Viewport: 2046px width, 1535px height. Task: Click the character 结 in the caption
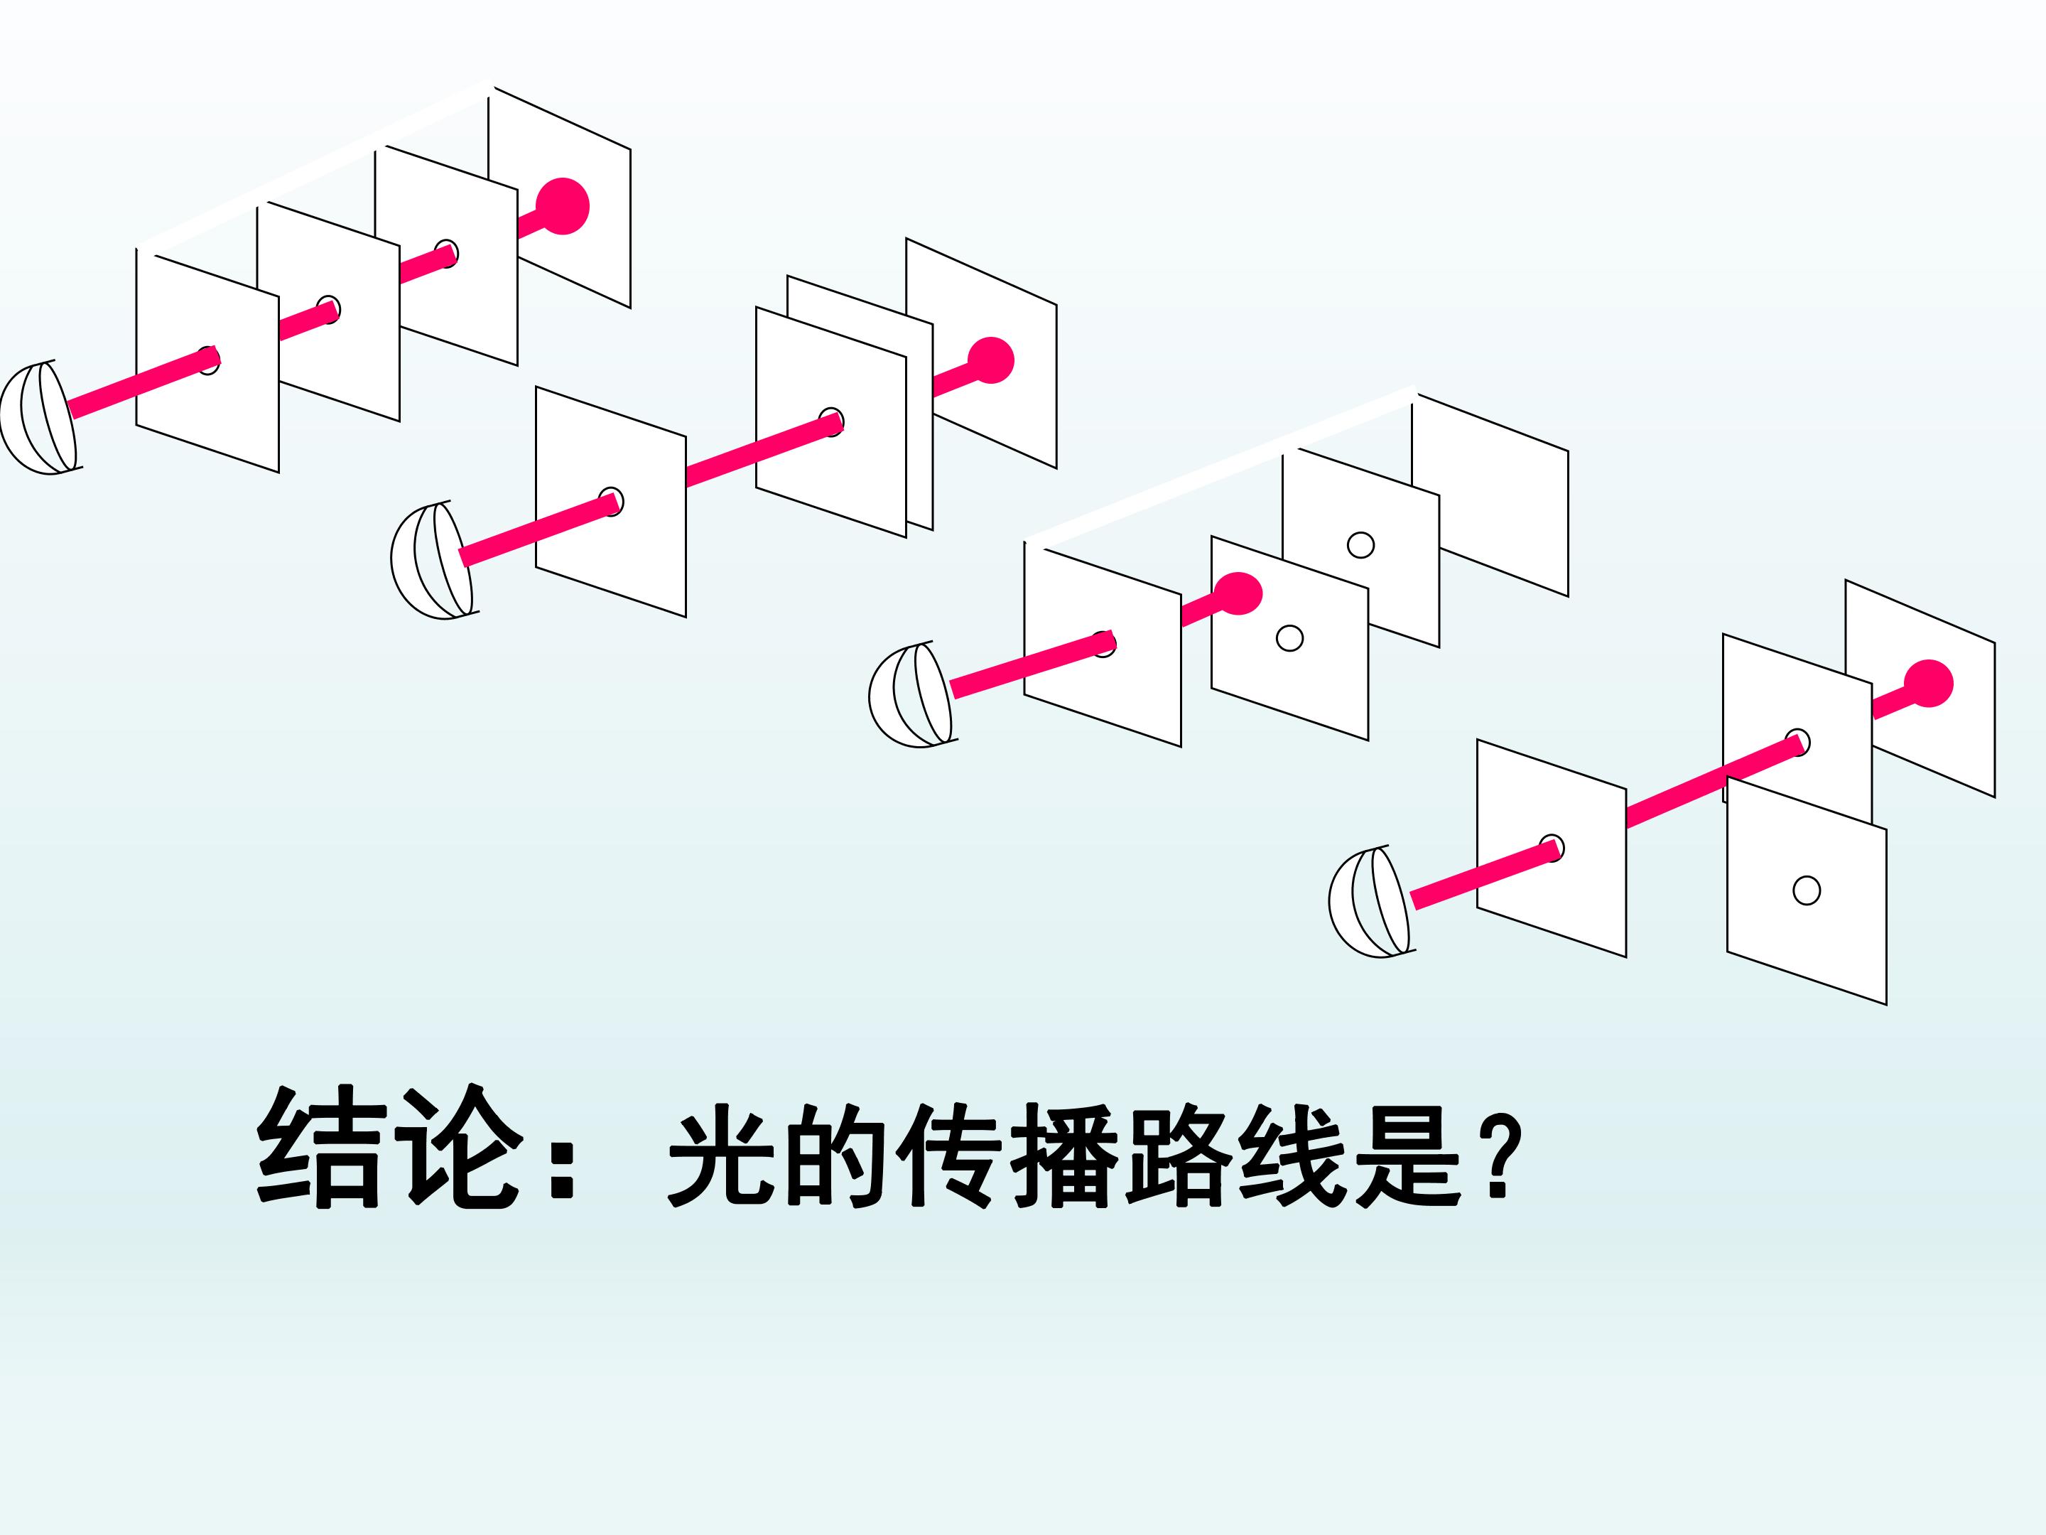[318, 1147]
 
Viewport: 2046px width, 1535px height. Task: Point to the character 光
[722, 1156]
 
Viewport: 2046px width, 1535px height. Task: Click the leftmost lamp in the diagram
[39, 418]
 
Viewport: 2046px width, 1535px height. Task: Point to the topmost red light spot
[563, 205]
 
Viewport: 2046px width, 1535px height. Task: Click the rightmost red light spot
[1929, 684]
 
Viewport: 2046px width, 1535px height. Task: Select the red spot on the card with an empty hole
[1238, 594]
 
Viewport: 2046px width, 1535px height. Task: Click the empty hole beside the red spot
[1289, 638]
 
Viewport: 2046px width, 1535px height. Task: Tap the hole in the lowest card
[1807, 891]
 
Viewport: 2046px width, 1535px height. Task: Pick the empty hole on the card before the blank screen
[1360, 545]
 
